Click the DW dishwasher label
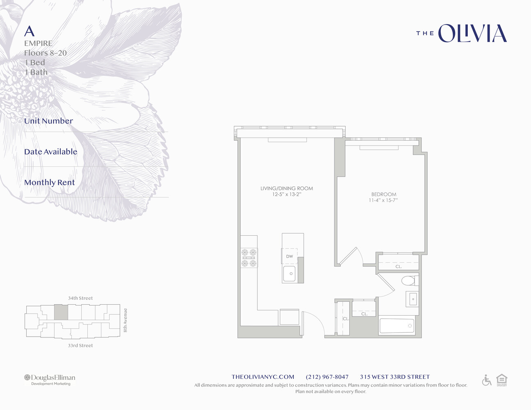(290, 257)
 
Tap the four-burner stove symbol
(249, 258)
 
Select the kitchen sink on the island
(289, 273)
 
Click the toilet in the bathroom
(409, 281)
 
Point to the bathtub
(397, 326)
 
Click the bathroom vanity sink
(412, 299)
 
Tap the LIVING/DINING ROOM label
(286, 189)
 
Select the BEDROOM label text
(384, 194)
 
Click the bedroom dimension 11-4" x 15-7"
(383, 200)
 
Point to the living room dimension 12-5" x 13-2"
(286, 194)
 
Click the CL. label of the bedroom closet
(398, 266)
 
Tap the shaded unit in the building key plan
(61, 312)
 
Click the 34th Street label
(80, 298)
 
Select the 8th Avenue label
(126, 320)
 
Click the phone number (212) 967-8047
(327, 377)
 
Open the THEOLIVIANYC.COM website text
(263, 377)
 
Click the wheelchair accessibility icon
(487, 380)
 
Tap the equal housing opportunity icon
(501, 380)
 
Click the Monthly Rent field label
(50, 182)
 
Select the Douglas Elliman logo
(50, 379)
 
